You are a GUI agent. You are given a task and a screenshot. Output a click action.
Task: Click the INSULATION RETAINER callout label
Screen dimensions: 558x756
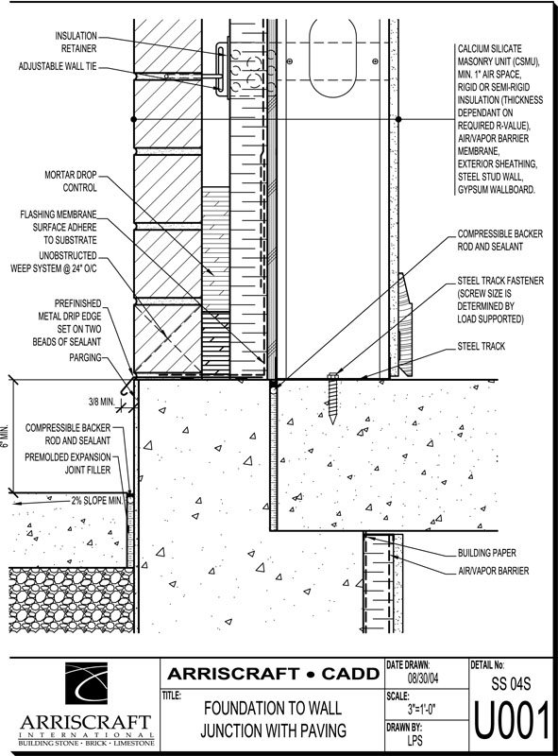[x=76, y=42]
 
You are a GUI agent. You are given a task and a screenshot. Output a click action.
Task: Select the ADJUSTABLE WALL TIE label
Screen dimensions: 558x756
[x=58, y=66]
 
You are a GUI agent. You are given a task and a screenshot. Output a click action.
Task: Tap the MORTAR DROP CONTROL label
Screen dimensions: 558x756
[x=71, y=181]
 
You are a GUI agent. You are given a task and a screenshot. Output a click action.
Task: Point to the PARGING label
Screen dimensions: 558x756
[x=85, y=357]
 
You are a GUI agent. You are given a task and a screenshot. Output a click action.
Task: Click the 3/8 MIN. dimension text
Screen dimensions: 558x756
[x=101, y=402]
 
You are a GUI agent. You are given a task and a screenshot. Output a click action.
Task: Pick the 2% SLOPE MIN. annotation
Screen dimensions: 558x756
[x=97, y=501]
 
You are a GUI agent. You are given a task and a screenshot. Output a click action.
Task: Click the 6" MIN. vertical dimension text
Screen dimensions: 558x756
[x=5, y=437]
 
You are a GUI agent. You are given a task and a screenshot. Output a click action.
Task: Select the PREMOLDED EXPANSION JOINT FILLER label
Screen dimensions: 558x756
[x=68, y=463]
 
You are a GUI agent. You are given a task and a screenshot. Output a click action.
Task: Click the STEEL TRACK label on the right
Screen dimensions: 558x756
[x=482, y=346]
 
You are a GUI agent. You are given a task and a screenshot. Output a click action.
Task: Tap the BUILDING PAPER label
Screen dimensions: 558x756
[x=486, y=553]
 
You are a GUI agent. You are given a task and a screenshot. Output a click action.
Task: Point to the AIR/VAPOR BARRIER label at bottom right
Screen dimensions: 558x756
[x=493, y=571]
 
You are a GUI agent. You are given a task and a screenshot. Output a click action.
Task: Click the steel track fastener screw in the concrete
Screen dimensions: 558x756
[x=331, y=398]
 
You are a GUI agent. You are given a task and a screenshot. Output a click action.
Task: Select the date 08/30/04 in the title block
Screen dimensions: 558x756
[x=423, y=679]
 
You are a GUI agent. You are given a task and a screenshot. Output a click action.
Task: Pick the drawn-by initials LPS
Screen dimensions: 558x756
[x=414, y=739]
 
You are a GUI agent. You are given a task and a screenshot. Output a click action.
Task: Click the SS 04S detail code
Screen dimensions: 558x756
[x=511, y=683]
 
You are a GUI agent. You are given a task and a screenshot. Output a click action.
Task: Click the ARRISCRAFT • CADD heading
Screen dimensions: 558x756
[x=273, y=674]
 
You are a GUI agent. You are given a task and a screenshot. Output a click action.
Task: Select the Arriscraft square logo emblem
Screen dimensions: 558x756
[x=86, y=683]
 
